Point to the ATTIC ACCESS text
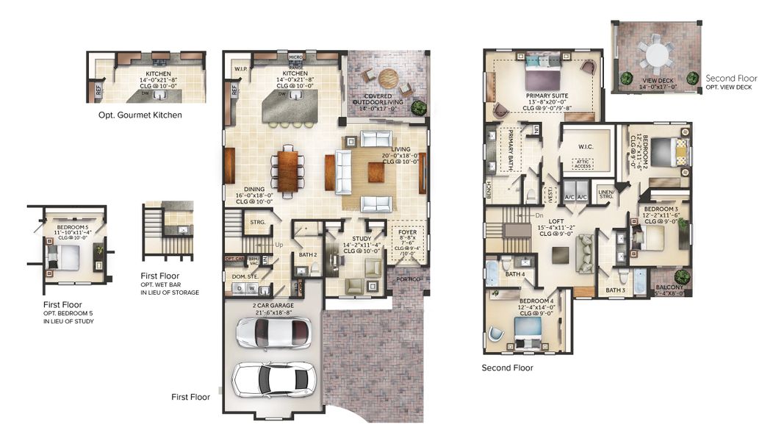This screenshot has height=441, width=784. pos(583,164)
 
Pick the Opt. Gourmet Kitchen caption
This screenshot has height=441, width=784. pos(140,115)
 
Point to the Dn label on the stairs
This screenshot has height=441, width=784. pos(539,215)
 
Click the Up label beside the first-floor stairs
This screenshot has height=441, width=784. pos(278,245)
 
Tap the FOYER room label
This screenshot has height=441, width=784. pos(408,234)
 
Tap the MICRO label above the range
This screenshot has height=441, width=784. pos(295,57)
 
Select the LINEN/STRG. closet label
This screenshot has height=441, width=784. pos(605,193)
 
